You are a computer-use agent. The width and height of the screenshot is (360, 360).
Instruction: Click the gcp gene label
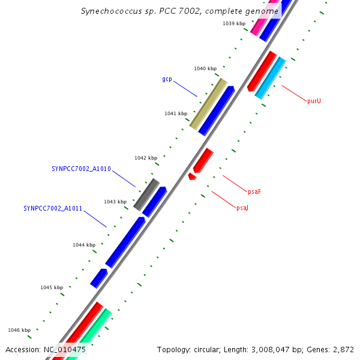(x=167, y=79)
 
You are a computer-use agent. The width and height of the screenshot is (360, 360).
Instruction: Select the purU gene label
(x=314, y=101)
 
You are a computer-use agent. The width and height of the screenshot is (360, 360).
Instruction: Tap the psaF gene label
(x=254, y=191)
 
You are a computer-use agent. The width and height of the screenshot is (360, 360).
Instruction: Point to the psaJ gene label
(x=242, y=208)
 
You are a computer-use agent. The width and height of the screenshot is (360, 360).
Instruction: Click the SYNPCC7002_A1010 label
(x=81, y=169)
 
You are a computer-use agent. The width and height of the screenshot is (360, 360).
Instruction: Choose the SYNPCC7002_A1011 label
(x=53, y=208)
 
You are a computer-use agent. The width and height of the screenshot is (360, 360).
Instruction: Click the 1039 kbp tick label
(x=233, y=23)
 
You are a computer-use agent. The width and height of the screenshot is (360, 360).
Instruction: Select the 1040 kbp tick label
(x=205, y=68)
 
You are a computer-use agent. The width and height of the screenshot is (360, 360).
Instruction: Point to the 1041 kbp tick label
(x=176, y=113)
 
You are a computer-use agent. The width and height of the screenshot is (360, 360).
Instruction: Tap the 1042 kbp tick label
(x=146, y=158)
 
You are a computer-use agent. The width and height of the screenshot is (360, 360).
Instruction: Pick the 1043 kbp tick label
(x=115, y=202)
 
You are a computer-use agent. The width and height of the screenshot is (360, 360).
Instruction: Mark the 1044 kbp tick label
(x=84, y=245)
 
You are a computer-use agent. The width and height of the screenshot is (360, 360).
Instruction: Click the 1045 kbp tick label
(x=52, y=287)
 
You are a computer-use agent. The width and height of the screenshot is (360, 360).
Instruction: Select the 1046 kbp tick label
(x=19, y=330)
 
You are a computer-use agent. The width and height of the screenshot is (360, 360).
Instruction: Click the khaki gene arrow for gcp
(x=208, y=103)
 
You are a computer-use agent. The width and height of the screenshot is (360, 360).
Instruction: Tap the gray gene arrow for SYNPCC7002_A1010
(x=146, y=194)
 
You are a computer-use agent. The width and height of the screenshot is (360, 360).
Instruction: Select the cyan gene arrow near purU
(x=270, y=78)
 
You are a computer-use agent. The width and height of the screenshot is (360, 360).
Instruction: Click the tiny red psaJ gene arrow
(x=192, y=176)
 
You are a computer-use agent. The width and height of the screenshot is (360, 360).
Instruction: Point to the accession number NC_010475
(x=65, y=349)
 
